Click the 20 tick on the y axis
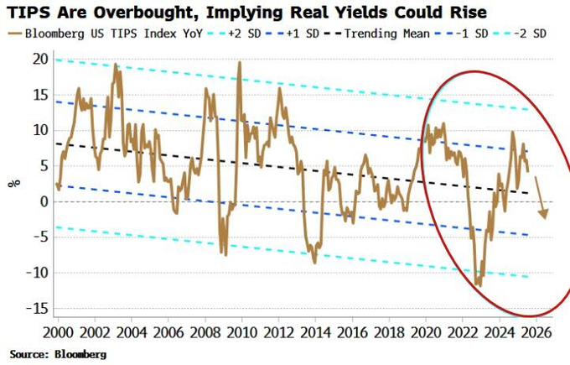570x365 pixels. [x=41, y=59]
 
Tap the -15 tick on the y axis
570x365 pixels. [x=38, y=308]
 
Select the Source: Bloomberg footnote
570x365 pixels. [x=58, y=355]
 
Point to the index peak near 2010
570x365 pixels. [x=240, y=63]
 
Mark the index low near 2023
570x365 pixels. [x=479, y=285]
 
